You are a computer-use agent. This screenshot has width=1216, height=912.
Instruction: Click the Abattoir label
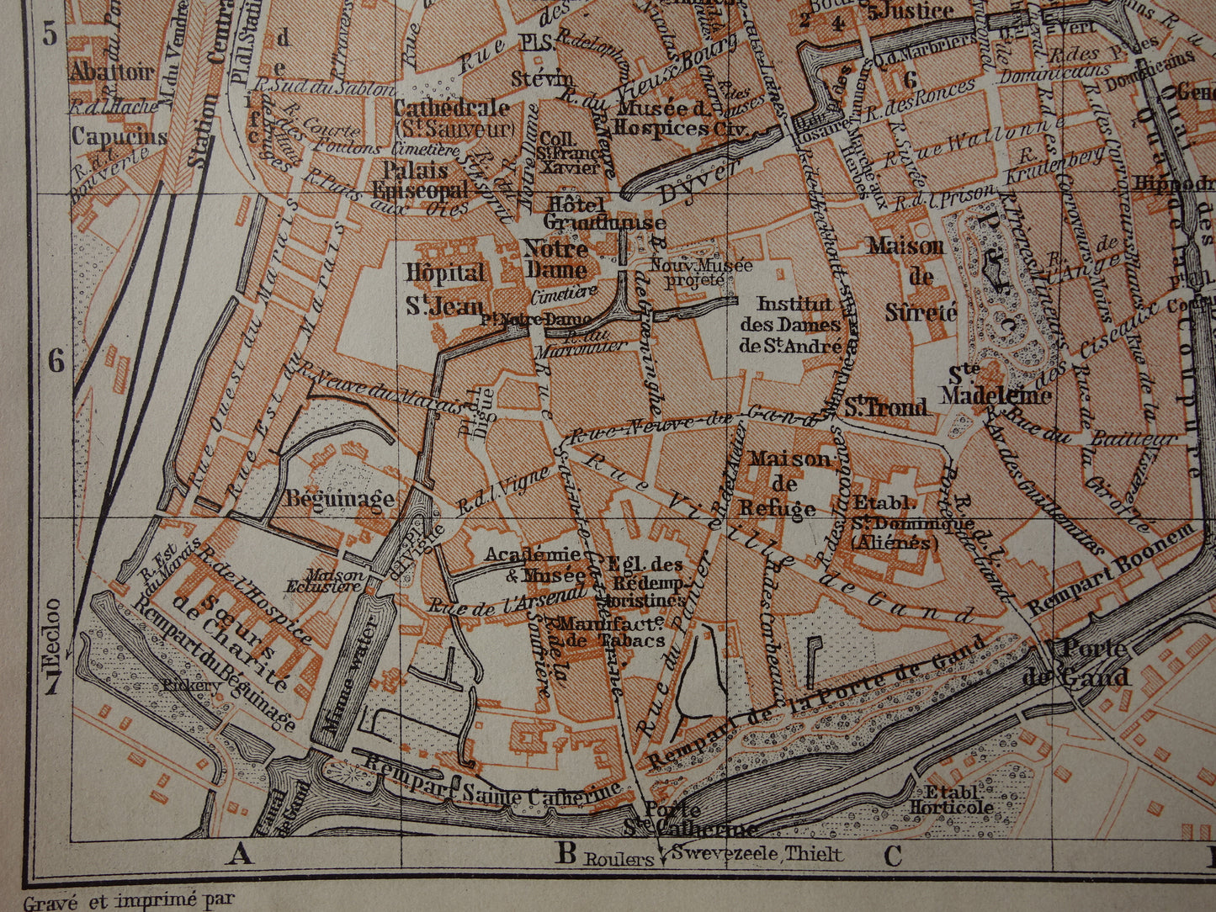click(x=112, y=72)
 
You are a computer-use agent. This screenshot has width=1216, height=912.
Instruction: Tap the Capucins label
click(x=119, y=135)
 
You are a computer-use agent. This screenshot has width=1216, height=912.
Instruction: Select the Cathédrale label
click(x=453, y=109)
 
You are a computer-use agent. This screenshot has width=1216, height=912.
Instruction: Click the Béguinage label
click(x=339, y=498)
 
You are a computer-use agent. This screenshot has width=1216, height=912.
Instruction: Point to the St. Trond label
click(x=886, y=407)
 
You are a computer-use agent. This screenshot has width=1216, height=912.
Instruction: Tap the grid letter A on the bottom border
click(x=240, y=856)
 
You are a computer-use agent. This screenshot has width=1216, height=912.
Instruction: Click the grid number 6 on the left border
click(x=56, y=361)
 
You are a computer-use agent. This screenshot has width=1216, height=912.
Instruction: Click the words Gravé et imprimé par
click(x=129, y=901)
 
